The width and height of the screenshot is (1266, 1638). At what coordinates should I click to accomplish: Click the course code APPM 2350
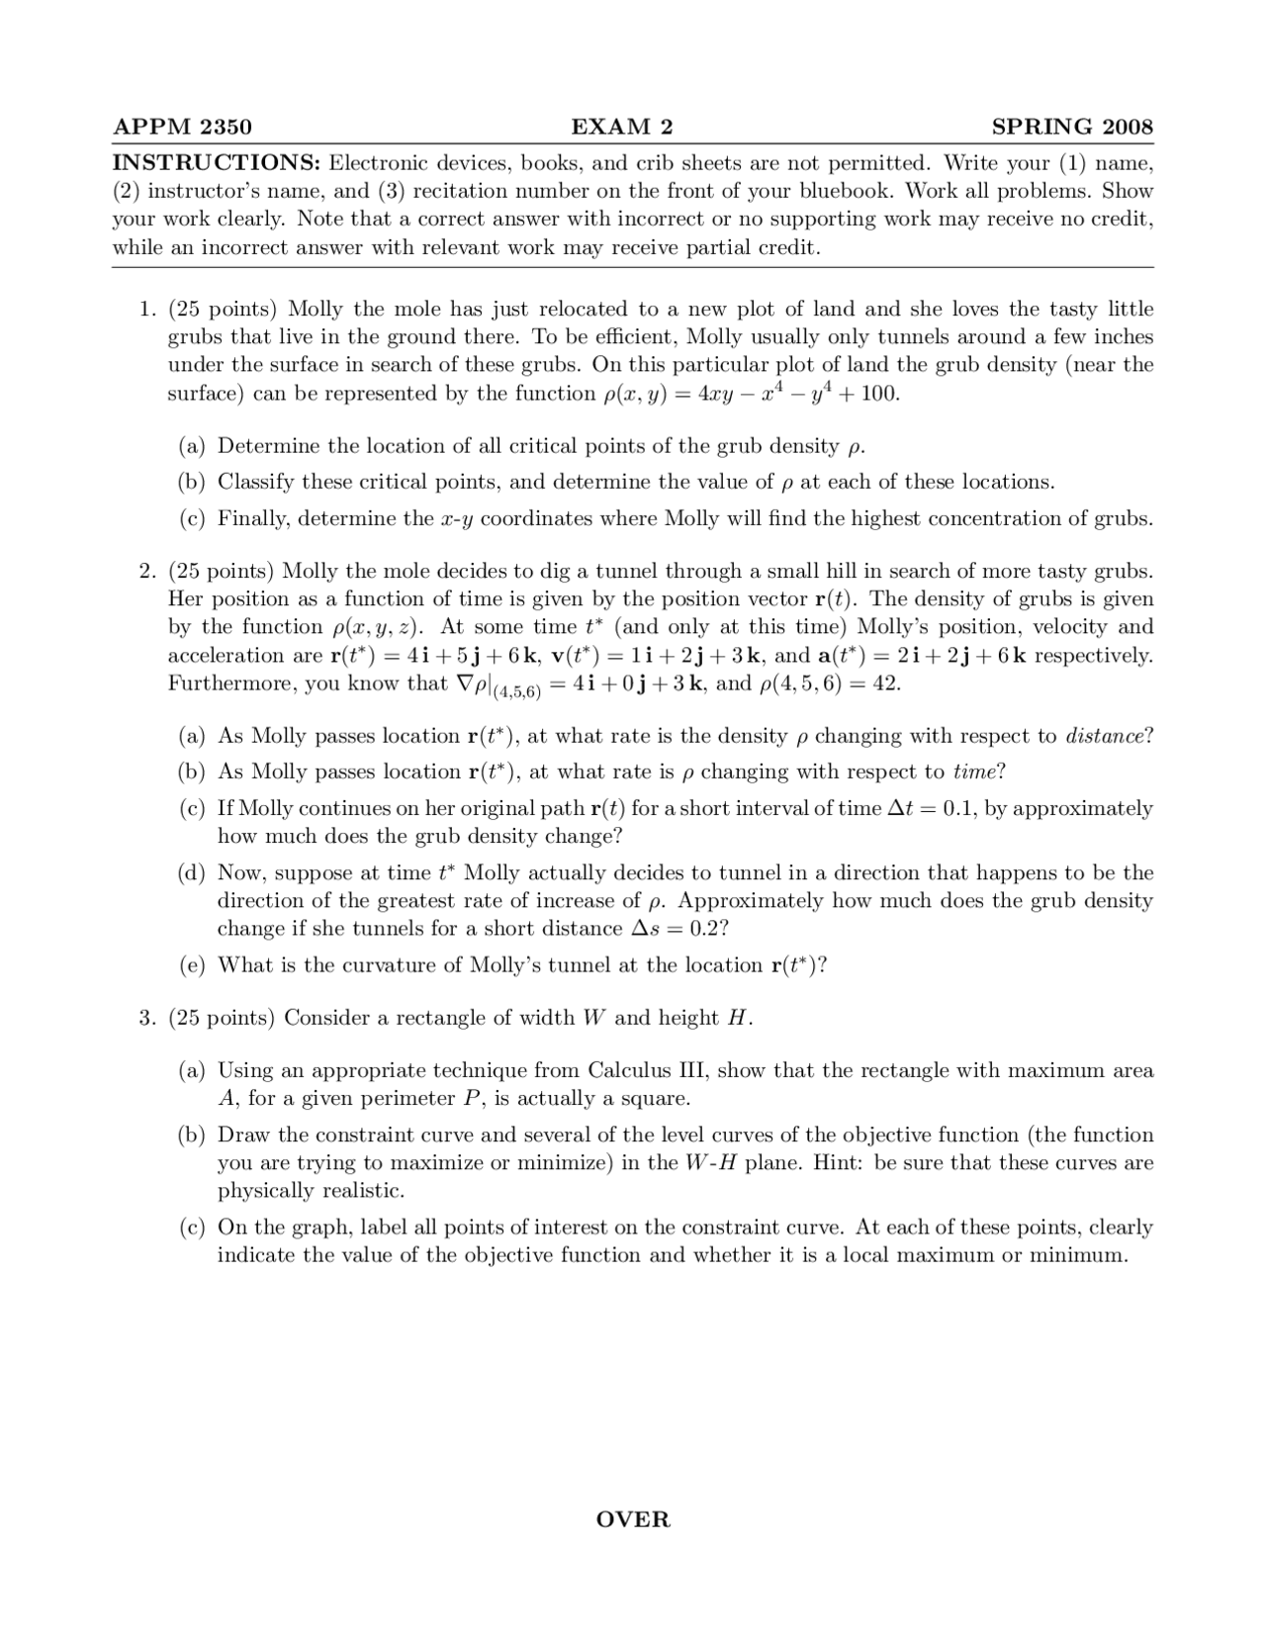point(183,127)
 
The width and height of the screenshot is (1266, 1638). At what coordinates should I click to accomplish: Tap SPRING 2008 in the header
point(1072,127)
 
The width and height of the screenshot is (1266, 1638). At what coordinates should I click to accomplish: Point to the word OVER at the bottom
point(633,1519)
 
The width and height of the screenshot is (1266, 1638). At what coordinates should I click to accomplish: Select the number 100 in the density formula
point(879,394)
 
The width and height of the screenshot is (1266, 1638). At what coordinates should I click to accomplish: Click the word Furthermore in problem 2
point(231,683)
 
